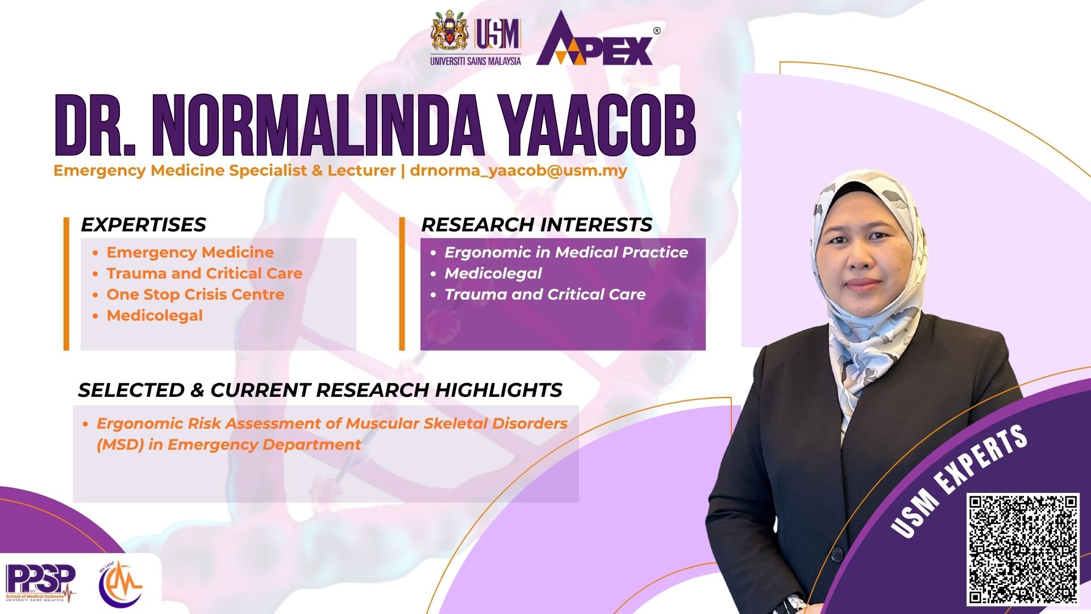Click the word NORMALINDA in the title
(x=318, y=126)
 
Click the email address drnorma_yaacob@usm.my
(x=518, y=171)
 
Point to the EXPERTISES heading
(x=143, y=225)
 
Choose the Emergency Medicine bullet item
(x=190, y=252)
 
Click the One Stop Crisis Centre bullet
(x=195, y=294)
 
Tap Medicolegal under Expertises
(x=155, y=316)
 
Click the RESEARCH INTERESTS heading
(x=537, y=225)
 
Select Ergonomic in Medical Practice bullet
(x=566, y=252)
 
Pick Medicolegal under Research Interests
(x=493, y=273)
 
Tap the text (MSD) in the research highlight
(x=120, y=445)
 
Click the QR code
(x=1023, y=549)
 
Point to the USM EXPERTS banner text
(x=959, y=481)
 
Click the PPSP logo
(x=40, y=583)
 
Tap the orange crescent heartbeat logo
(x=120, y=583)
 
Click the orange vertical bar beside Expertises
(x=66, y=283)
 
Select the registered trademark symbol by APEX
(x=657, y=31)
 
